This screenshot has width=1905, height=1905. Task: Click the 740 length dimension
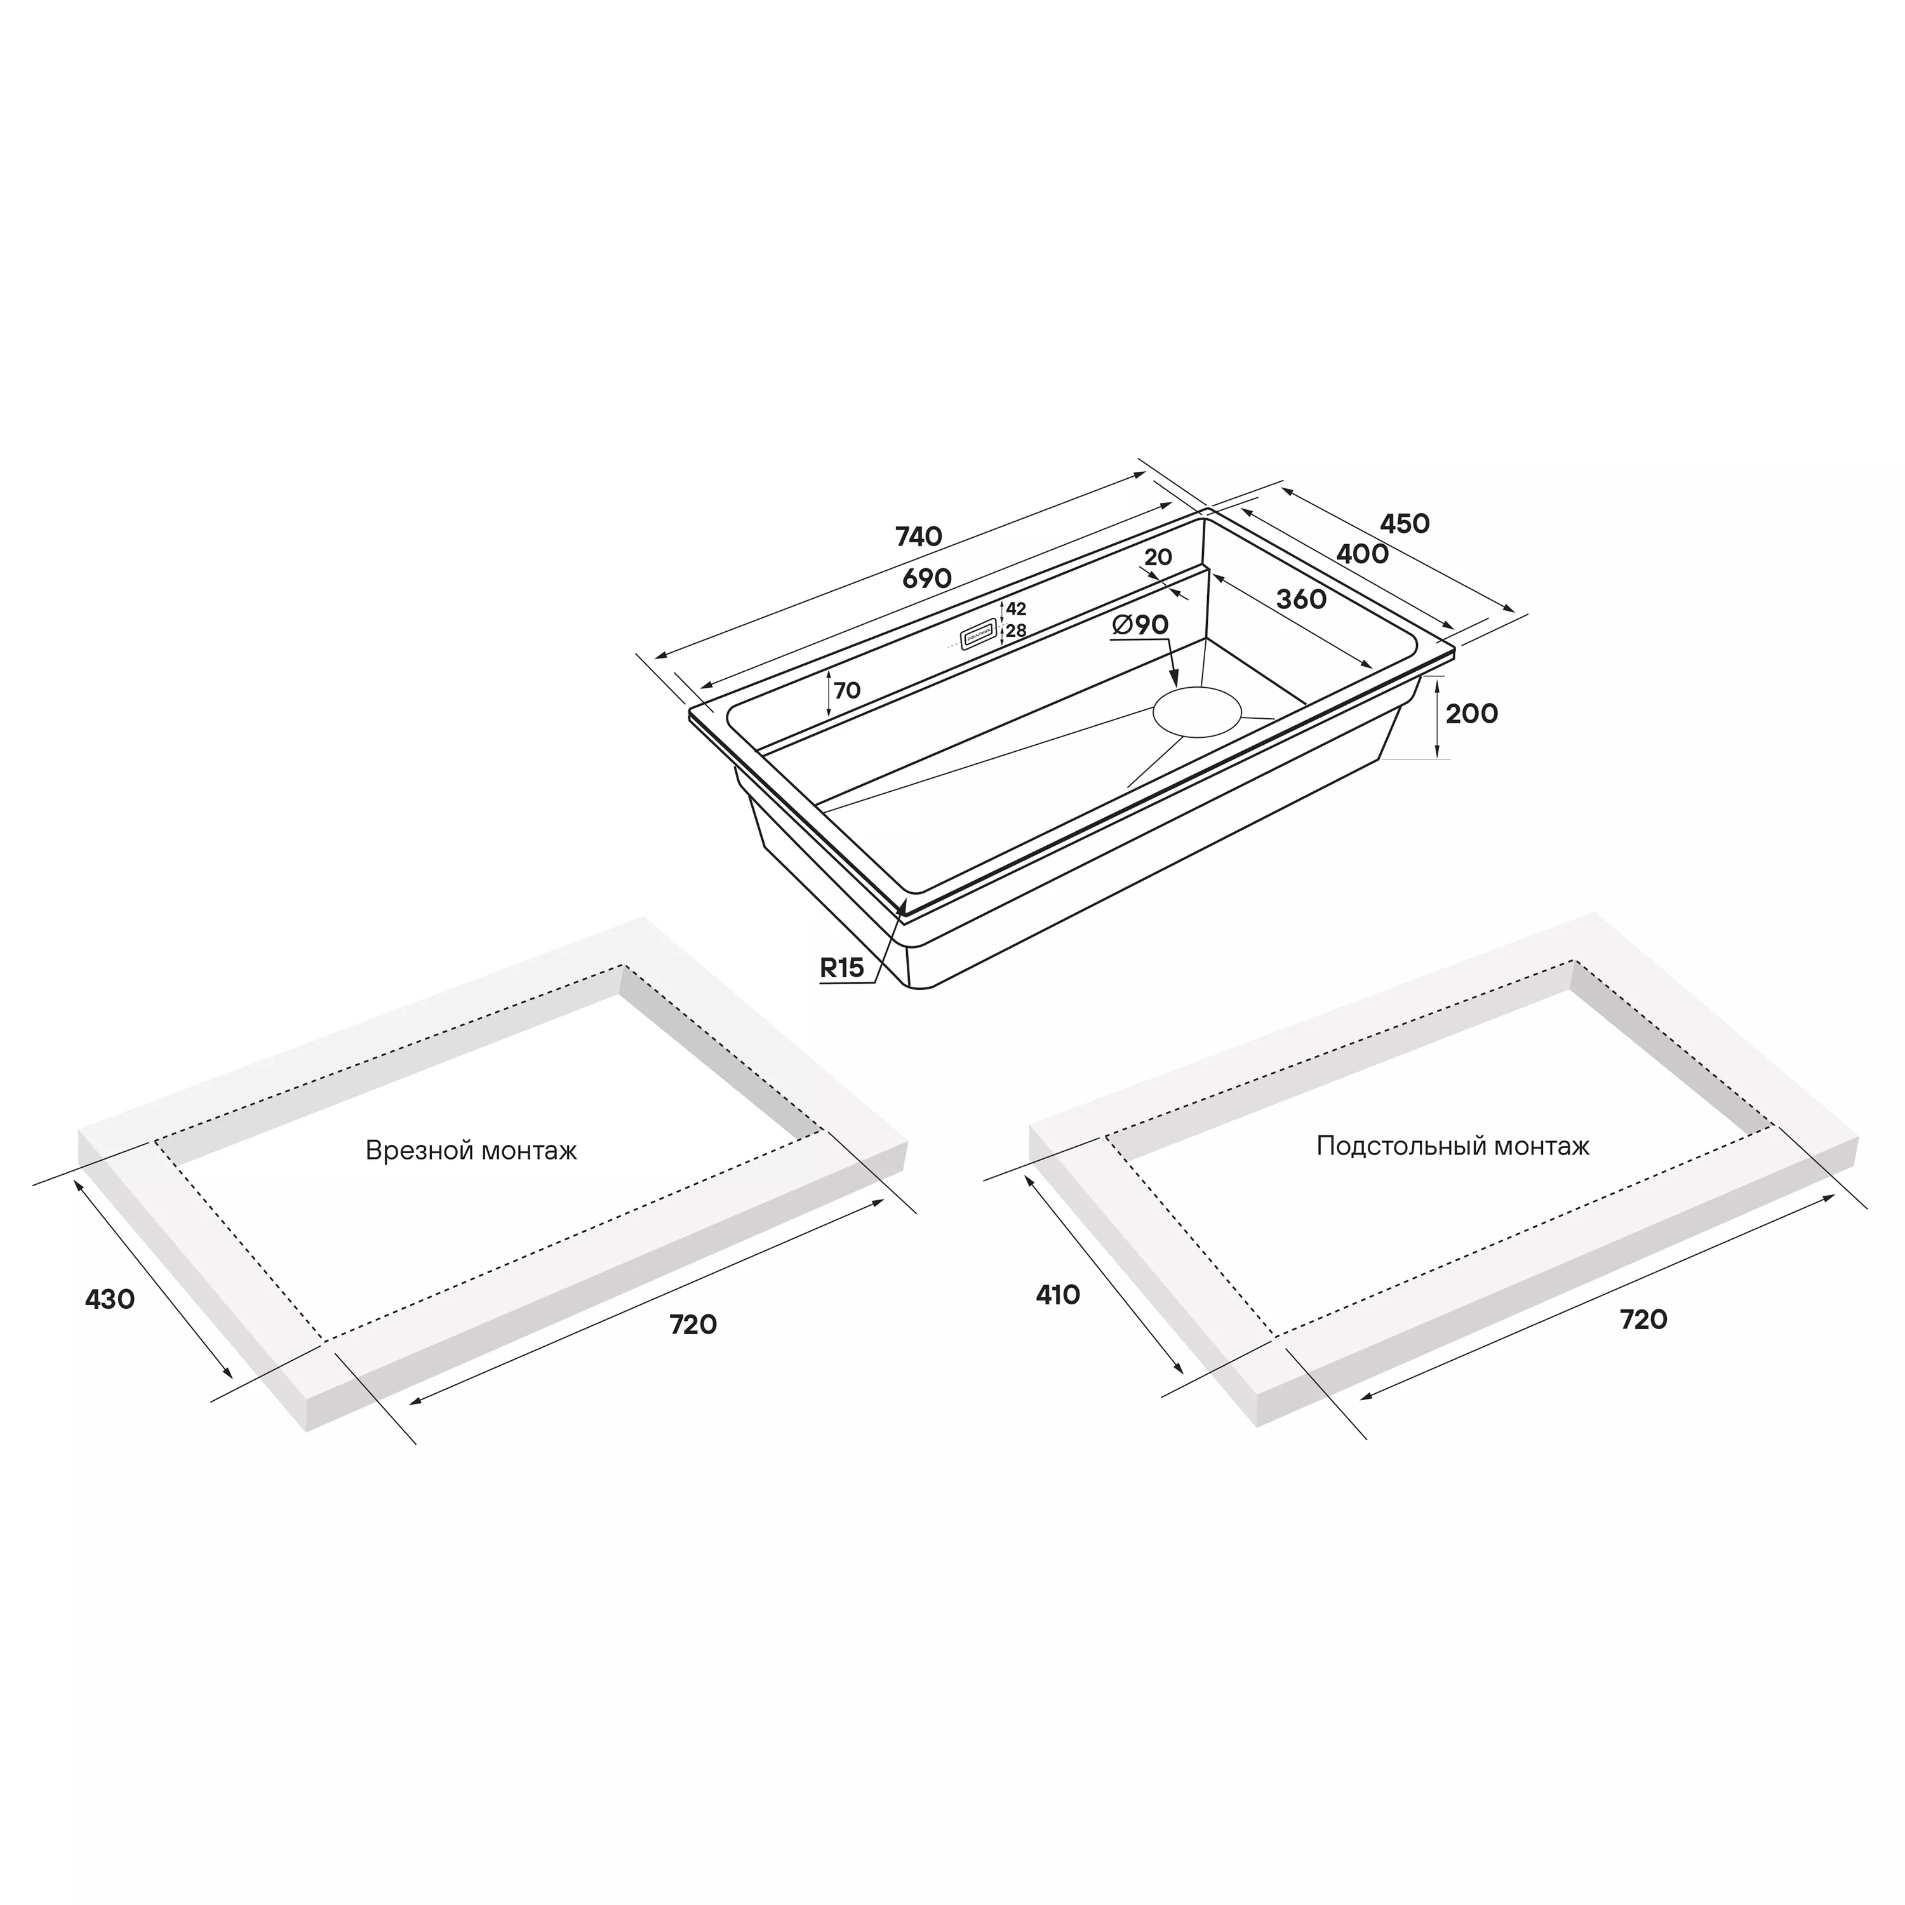[918, 537]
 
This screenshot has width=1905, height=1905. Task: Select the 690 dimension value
[927, 578]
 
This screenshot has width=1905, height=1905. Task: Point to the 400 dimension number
[1363, 554]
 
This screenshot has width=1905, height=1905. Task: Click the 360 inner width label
[1302, 599]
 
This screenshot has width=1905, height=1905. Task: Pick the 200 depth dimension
[1471, 713]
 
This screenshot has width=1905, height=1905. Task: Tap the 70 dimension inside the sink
[847, 690]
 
